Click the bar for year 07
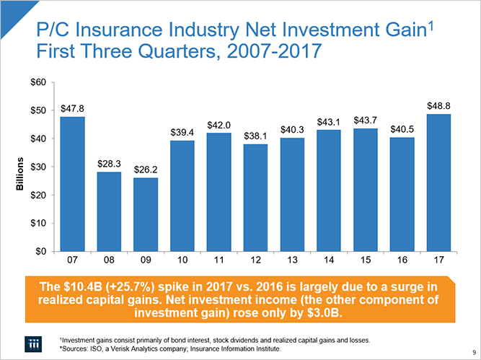73,184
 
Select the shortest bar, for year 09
146,214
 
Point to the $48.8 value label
439,105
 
